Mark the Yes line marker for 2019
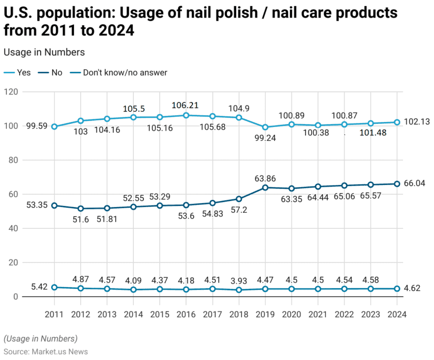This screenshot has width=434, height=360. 266,127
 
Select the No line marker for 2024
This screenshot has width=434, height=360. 397,184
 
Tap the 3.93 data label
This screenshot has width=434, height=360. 239,280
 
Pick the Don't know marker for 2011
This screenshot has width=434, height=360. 54,287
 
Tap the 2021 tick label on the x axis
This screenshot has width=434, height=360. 318,314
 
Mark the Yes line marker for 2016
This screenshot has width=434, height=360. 186,115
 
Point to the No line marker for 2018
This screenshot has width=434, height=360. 239,199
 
